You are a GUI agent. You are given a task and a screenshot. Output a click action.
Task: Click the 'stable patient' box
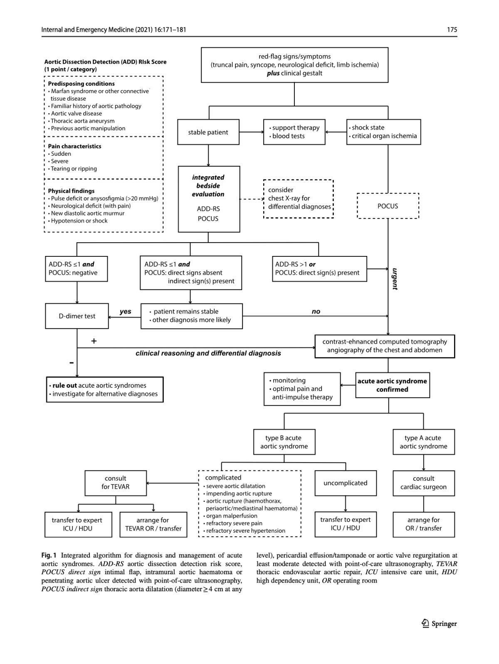[x=208, y=132]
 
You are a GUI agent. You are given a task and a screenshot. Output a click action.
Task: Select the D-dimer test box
[x=77, y=316]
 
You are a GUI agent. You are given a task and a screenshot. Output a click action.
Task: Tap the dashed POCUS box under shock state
[x=388, y=206]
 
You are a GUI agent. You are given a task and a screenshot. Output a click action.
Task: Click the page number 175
[x=452, y=30]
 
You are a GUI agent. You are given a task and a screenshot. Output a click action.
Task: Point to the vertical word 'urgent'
[x=395, y=279]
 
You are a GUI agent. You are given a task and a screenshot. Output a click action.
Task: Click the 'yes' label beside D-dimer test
[x=125, y=311]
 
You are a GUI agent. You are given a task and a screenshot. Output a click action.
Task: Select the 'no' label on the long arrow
[x=316, y=311]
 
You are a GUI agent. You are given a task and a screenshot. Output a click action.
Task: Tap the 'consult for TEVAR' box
[x=116, y=483]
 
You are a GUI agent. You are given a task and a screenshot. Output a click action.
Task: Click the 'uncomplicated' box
[x=345, y=483]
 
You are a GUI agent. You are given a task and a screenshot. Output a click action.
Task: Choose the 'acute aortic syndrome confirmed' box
[x=392, y=385]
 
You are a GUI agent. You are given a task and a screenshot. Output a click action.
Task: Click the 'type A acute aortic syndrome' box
[x=423, y=442]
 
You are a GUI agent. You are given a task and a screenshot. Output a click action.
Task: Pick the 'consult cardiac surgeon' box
[x=423, y=483]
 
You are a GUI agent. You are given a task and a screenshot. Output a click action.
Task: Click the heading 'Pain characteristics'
[x=74, y=146]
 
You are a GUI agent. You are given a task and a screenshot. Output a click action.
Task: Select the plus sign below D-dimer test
[x=94, y=341]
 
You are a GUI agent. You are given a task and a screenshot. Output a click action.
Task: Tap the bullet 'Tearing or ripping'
[x=74, y=169]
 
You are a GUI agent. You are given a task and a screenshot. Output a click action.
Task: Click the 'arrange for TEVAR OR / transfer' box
[x=153, y=524]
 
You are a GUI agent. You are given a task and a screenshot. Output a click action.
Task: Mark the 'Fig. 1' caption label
[x=49, y=556]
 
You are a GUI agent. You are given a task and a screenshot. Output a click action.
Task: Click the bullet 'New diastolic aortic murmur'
[x=87, y=213]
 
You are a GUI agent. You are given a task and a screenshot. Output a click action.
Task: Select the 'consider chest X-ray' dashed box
[x=299, y=199]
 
